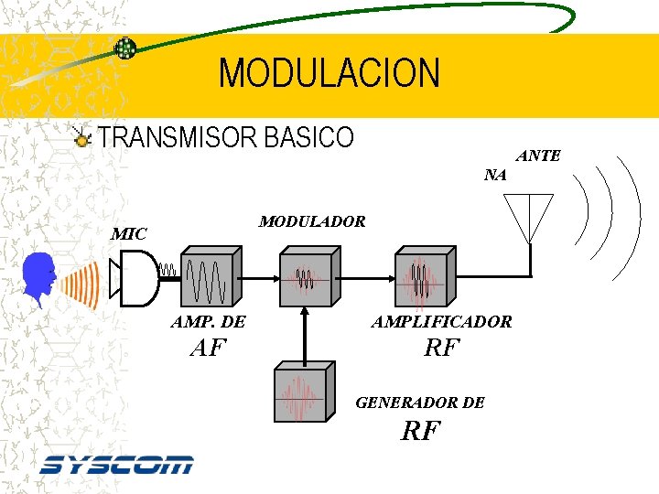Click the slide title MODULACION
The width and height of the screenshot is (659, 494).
pyautogui.click(x=329, y=73)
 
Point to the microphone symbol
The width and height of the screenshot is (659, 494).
pyautogui.click(x=133, y=278)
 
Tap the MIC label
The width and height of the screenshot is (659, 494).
pyautogui.click(x=128, y=234)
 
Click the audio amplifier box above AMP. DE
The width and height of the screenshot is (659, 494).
pyautogui.click(x=211, y=276)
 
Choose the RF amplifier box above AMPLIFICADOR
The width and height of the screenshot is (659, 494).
pyautogui.click(x=425, y=276)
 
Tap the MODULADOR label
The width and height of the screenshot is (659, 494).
pyautogui.click(x=312, y=221)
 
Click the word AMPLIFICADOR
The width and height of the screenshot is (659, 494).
pyautogui.click(x=441, y=322)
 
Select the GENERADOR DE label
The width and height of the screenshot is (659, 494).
pyautogui.click(x=420, y=403)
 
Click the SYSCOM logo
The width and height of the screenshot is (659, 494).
pyautogui.click(x=116, y=465)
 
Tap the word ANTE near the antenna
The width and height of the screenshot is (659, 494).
pyautogui.click(x=538, y=156)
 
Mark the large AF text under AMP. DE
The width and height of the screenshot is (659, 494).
pyautogui.click(x=208, y=348)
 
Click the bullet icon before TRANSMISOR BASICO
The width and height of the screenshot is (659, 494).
pyautogui.click(x=83, y=139)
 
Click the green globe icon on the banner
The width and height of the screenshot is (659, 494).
pyautogui.click(x=125, y=48)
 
